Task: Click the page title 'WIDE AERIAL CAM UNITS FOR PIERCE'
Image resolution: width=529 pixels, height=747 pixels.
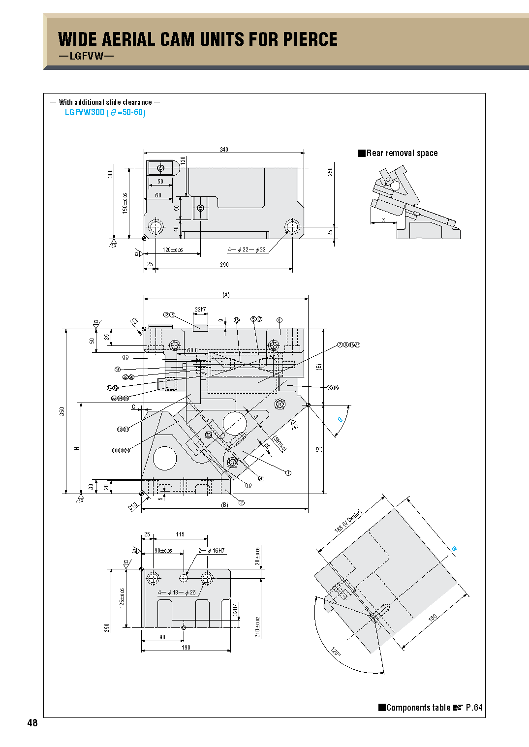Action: [197, 39]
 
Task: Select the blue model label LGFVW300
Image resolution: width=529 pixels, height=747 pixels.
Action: [85, 112]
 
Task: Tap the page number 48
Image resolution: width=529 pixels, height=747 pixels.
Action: [32, 722]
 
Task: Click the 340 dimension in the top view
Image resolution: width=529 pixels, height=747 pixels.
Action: [224, 149]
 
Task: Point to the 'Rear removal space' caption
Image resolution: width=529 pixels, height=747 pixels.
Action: [402, 153]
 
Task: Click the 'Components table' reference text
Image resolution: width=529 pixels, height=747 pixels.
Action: [418, 708]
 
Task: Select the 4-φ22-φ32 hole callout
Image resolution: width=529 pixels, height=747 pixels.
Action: [247, 249]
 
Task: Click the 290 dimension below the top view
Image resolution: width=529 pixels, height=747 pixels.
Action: [224, 265]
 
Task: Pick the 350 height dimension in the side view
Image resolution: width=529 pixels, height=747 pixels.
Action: [62, 411]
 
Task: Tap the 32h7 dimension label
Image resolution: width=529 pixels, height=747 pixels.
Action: [200, 310]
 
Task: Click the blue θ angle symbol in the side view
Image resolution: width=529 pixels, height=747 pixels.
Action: [340, 420]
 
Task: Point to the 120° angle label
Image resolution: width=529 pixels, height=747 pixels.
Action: [335, 652]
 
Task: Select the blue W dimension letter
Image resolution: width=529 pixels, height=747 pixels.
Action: [455, 548]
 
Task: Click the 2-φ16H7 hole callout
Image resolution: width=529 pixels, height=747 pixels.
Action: [212, 551]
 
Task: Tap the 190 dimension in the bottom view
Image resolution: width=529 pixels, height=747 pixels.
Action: [186, 647]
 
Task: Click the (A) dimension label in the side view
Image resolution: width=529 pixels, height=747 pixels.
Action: [226, 295]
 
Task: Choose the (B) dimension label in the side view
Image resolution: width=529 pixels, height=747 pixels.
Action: [224, 505]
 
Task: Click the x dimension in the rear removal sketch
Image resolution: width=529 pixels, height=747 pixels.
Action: [384, 219]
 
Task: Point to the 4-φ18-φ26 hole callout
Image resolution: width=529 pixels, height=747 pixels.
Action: [177, 592]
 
